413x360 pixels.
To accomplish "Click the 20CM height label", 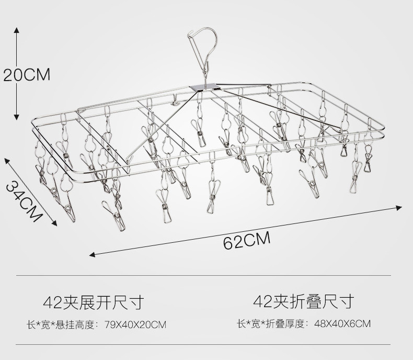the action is point(27,75).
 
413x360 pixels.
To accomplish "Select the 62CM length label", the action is point(247,241).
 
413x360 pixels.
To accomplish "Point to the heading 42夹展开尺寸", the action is point(93,302).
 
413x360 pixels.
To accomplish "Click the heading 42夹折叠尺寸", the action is point(303,301).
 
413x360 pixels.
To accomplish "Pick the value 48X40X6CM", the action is point(342,323).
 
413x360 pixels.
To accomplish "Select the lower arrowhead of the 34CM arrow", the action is point(54,223).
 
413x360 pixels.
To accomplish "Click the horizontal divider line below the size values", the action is point(204,345).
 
